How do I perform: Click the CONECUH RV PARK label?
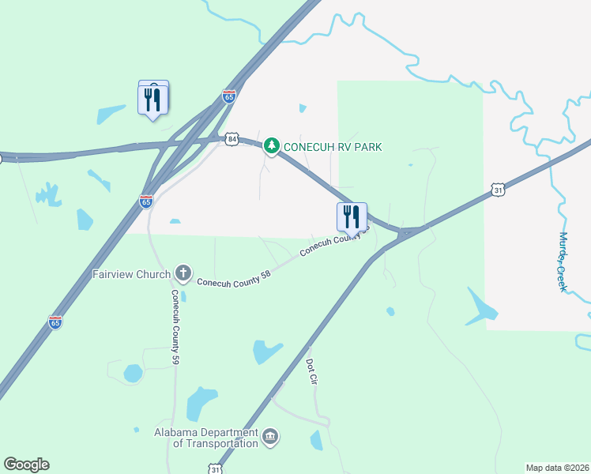pyautogui.click(x=333, y=146)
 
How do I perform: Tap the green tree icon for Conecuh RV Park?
pyautogui.click(x=272, y=145)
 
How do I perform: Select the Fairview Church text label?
pyautogui.click(x=131, y=274)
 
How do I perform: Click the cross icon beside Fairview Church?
pyautogui.click(x=183, y=273)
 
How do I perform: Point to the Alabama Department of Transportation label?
pyautogui.click(x=207, y=438)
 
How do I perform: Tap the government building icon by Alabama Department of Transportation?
pyautogui.click(x=270, y=437)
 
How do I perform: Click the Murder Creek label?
pyautogui.click(x=563, y=261)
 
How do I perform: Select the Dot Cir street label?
pyautogui.click(x=311, y=370)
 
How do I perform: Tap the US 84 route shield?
pyautogui.click(x=232, y=138)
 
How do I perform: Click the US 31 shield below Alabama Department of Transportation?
pyautogui.click(x=216, y=468)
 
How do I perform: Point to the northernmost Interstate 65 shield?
pyautogui.click(x=229, y=96)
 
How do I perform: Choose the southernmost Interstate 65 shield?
pyautogui.click(x=55, y=322)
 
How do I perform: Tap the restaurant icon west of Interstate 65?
pyautogui.click(x=152, y=99)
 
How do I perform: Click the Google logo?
pyautogui.click(x=26, y=465)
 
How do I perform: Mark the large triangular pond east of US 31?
pyautogui.click(x=480, y=307)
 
